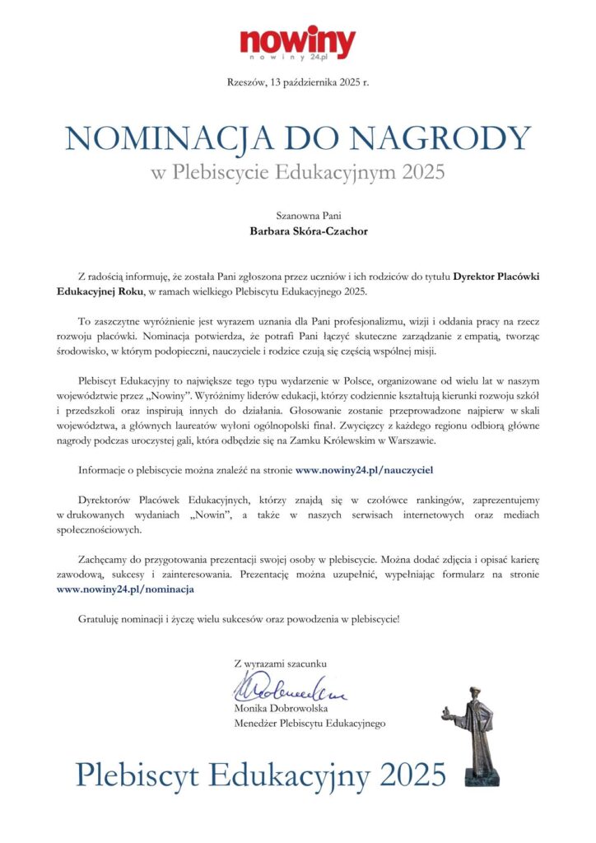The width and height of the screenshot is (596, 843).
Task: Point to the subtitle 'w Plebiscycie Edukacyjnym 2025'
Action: [297, 172]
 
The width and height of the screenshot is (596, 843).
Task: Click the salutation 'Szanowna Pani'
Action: [297, 215]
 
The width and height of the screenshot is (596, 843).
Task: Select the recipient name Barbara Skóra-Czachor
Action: [297, 231]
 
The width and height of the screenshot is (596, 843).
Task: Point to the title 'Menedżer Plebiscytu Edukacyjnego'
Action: [310, 723]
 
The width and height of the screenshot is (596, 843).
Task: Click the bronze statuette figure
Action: [478, 733]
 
